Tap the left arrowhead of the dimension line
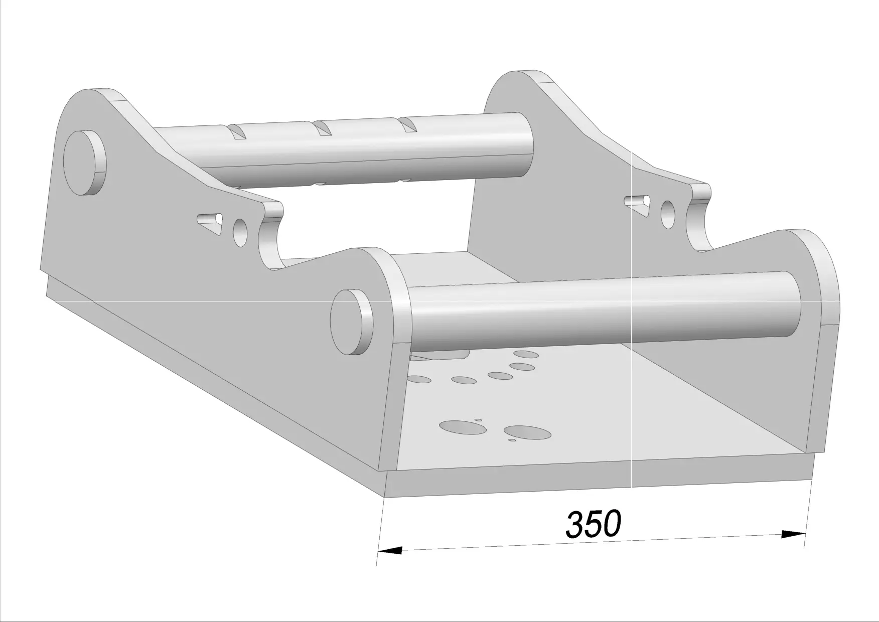click(390, 550)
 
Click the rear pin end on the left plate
click(84, 163)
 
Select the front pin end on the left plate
click(352, 322)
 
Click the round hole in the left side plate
click(241, 232)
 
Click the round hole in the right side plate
click(668, 214)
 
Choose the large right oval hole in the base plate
click(527, 432)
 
